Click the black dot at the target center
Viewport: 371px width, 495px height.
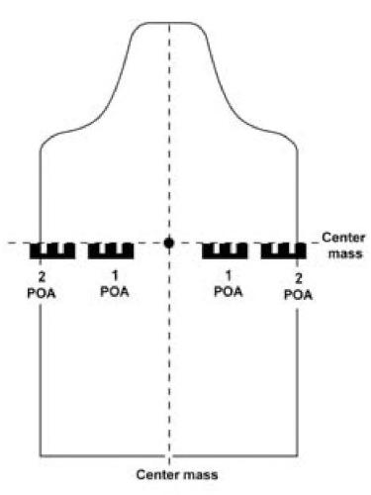(x=169, y=244)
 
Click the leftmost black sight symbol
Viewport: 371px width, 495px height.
(x=52, y=250)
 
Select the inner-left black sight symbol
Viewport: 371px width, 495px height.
(x=111, y=250)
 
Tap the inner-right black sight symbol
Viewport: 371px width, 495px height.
(x=225, y=250)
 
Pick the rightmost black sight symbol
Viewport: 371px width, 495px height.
(x=283, y=250)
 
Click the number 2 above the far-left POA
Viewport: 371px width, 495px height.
(x=42, y=277)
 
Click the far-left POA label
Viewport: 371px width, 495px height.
(x=42, y=293)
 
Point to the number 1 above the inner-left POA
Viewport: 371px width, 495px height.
(x=115, y=275)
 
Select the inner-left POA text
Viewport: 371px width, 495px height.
(x=115, y=292)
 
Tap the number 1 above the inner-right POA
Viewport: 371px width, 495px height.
(x=229, y=275)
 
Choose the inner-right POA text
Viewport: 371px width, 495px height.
(x=229, y=291)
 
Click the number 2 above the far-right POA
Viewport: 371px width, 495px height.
(x=298, y=278)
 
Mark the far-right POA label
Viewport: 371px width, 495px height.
(x=298, y=295)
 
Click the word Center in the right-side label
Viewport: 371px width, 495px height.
(x=343, y=238)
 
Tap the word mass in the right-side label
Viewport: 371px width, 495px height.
(x=345, y=253)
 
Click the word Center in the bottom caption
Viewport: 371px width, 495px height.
(x=157, y=474)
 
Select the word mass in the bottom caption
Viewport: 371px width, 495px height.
(x=201, y=475)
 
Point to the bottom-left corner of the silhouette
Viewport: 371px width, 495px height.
(x=41, y=456)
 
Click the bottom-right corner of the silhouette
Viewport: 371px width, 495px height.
(x=298, y=456)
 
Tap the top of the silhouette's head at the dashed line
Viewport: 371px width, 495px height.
(x=169, y=23)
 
